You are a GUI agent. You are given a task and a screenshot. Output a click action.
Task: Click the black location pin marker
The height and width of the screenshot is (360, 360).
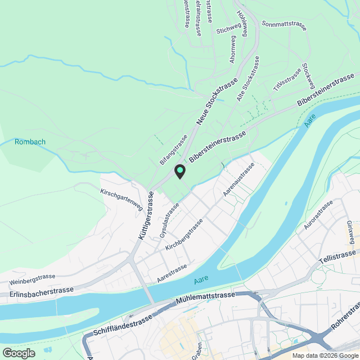(180, 171)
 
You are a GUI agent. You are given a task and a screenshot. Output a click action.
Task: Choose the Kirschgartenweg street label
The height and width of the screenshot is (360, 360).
(121, 200)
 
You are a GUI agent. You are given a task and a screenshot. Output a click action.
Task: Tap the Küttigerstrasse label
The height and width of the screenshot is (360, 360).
(145, 217)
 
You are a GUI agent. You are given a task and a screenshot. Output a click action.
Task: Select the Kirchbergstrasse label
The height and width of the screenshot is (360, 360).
(185, 237)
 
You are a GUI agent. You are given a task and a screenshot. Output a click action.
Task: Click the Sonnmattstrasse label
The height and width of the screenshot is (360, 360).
(284, 25)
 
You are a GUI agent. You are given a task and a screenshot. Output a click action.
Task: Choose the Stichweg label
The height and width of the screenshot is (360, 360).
(228, 30)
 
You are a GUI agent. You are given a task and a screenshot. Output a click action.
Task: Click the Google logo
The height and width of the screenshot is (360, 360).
(19, 353)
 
